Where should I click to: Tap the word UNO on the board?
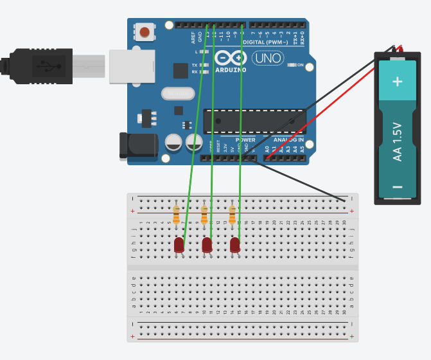[268, 59]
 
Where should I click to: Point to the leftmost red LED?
[179, 245]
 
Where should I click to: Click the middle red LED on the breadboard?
[207, 245]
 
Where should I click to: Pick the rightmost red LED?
[234, 245]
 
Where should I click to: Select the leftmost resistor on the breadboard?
[177, 214]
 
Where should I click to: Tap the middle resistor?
[204, 214]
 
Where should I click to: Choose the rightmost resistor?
[232, 214]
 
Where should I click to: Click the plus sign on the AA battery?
[398, 81]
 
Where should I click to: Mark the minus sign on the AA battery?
[398, 187]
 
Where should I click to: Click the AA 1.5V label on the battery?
[397, 141]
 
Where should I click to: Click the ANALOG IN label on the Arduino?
[288, 139]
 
